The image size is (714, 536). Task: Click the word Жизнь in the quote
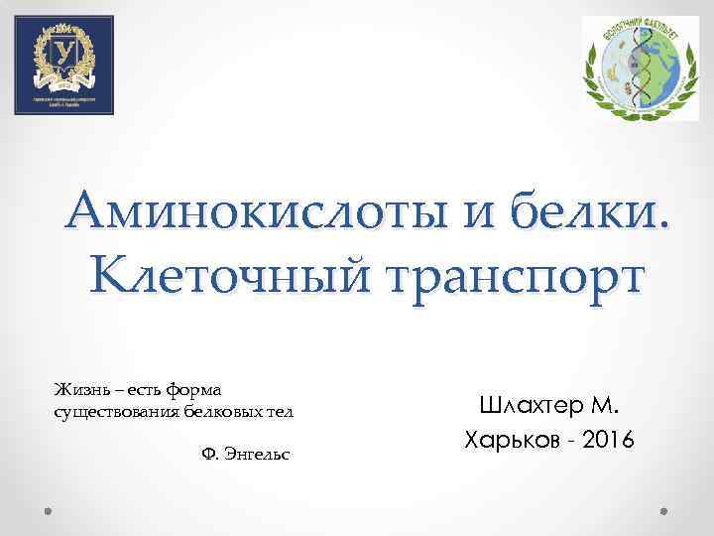[76, 390]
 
